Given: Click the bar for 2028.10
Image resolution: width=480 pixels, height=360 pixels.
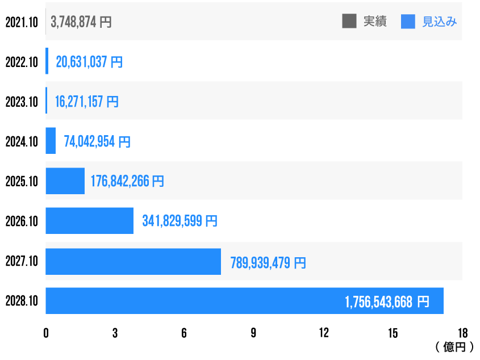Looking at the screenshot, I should [244, 301].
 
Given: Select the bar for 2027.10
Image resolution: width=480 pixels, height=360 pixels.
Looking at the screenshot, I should [133, 262].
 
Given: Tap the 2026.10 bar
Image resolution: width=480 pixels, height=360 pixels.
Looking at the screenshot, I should [89, 221].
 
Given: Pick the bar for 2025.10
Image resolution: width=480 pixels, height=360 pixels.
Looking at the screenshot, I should [65, 181].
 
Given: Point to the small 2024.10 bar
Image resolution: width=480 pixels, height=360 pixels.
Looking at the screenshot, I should [51, 141].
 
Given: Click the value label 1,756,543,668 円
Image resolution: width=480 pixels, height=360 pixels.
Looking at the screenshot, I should [387, 302].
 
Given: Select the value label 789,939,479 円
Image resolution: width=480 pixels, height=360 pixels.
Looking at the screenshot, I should [268, 262].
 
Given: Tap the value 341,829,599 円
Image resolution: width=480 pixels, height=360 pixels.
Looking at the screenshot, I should [180, 221].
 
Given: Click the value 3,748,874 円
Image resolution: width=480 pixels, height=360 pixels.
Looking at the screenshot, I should [81, 22].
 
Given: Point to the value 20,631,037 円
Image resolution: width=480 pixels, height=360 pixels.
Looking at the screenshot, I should [89, 62].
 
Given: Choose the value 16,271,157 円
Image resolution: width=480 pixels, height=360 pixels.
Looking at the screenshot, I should [86, 102].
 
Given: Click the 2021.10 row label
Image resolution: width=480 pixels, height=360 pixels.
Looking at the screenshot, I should [22, 22].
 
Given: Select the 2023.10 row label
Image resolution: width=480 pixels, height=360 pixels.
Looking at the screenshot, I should [22, 102].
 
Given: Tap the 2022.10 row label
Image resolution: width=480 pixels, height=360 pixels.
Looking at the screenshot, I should [22, 62].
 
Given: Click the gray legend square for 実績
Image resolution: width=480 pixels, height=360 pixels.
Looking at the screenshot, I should [349, 22].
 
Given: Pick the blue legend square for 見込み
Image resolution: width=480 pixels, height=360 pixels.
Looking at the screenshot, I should [408, 22].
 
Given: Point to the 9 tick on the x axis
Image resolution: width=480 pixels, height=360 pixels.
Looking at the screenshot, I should [253, 333].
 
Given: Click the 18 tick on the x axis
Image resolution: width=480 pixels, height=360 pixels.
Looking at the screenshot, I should [462, 333].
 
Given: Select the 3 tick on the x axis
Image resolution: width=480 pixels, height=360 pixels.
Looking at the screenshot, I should [115, 333].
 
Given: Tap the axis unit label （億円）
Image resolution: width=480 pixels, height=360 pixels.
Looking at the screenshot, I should [454, 346].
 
